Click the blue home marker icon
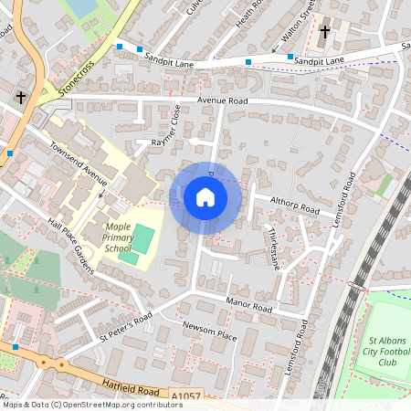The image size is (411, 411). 205,196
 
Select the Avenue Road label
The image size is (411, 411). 222,100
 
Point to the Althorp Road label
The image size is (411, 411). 294,205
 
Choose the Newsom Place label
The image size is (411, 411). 209,332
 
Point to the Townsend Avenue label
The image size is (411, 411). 79,159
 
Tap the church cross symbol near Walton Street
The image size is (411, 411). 325,32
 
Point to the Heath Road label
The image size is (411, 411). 248,13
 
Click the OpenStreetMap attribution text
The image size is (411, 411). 92,405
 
